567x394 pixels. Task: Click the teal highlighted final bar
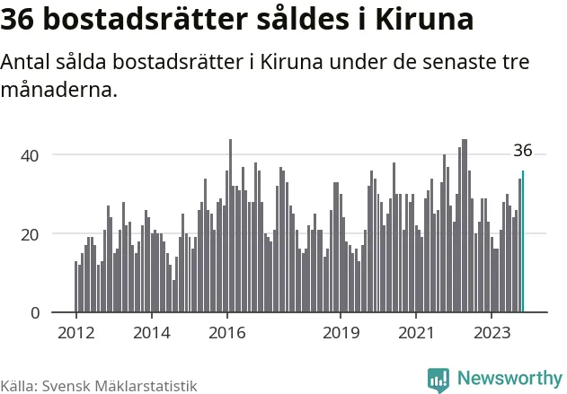point(523,242)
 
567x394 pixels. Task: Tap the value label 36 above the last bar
point(523,151)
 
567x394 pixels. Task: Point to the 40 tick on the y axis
point(30,155)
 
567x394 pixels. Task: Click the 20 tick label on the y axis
point(30,234)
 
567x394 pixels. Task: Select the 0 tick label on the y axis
point(35,313)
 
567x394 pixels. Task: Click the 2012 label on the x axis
point(75,333)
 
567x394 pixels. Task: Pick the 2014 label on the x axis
point(151,333)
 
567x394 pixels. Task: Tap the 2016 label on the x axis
point(226,333)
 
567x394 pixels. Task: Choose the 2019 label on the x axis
point(341,333)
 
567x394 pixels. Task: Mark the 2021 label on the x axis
point(416,333)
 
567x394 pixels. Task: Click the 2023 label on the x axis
point(492,333)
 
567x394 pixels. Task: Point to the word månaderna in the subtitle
point(59,91)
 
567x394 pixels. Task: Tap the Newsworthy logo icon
point(439,380)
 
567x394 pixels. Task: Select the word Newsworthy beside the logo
point(509,379)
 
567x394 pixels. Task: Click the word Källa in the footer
point(18,385)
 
